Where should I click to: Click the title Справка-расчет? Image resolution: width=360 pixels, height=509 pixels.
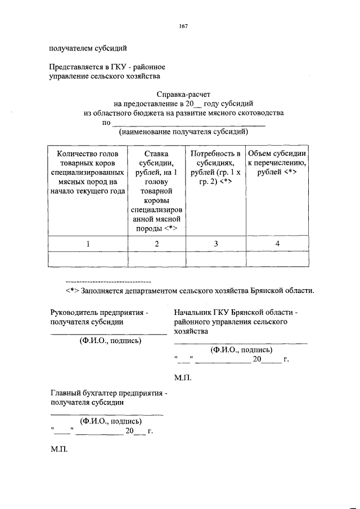tap(183, 94)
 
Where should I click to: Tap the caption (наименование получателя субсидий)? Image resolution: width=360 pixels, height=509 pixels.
tap(183, 132)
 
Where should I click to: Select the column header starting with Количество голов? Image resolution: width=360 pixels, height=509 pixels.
tap(88, 172)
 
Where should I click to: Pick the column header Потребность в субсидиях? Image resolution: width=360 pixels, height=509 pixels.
tap(215, 167)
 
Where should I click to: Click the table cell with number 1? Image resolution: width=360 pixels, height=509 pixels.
tap(88, 244)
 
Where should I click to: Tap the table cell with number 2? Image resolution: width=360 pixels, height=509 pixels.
tap(157, 244)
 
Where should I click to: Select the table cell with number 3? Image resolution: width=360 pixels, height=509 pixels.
tap(215, 244)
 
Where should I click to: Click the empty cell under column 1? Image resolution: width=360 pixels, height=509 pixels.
tap(88, 258)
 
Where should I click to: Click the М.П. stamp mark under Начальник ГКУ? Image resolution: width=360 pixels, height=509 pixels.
tap(183, 377)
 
